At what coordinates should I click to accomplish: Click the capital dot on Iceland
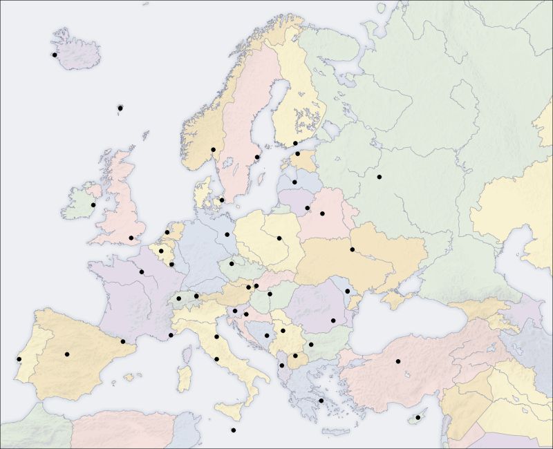[54, 55]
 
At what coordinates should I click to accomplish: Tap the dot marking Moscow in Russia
[379, 178]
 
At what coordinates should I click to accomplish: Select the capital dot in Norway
[213, 150]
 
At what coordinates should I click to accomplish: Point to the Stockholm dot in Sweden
[257, 157]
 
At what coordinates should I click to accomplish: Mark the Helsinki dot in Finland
[295, 144]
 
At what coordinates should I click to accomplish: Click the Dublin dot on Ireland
[93, 204]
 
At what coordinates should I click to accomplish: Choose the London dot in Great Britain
[131, 238]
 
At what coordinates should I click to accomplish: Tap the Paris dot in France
[142, 271]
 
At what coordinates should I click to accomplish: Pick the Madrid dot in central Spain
[67, 354]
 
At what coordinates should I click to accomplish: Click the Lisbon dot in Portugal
[19, 359]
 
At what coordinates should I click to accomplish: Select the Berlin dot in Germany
[227, 234]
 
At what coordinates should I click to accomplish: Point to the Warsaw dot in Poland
[279, 239]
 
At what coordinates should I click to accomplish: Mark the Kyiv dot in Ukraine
[353, 249]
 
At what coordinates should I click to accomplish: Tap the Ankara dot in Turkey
[398, 361]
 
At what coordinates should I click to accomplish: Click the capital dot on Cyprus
[418, 418]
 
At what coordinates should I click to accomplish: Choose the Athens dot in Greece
[321, 401]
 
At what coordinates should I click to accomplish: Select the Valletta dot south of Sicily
[234, 430]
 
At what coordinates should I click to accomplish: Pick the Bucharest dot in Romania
[333, 321]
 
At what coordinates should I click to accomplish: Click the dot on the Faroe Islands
[120, 108]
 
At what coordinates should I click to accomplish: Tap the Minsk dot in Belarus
[322, 213]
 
